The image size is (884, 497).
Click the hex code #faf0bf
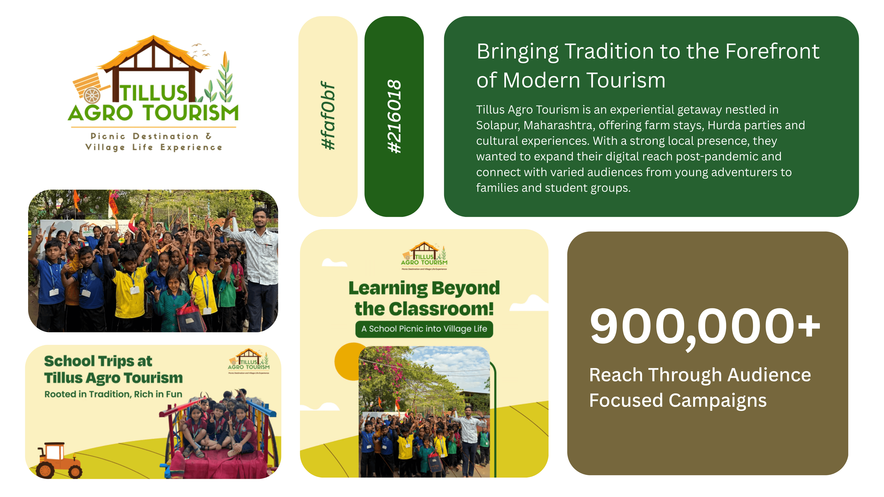click(x=328, y=116)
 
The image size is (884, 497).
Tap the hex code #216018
click(x=394, y=116)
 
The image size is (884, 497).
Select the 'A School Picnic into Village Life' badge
click(x=424, y=329)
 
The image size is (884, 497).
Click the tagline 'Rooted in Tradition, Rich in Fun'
click(x=113, y=394)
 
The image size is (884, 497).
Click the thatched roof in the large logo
click(x=153, y=52)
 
